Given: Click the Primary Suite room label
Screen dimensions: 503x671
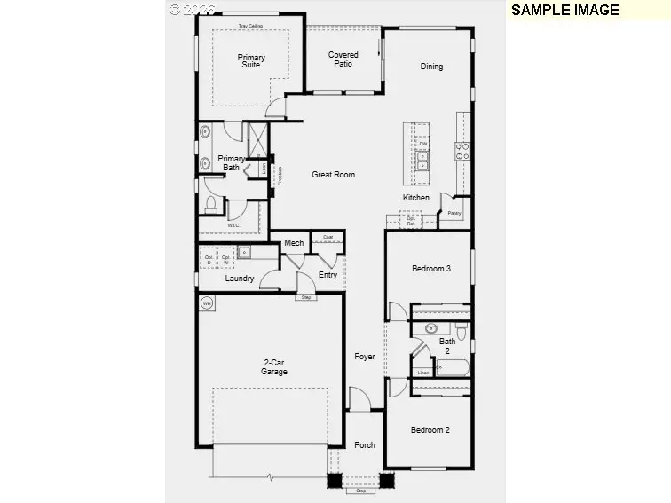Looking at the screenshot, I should pyautogui.click(x=251, y=61).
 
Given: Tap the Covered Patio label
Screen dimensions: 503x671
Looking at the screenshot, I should pyautogui.click(x=343, y=59).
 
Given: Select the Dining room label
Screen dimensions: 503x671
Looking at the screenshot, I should pyautogui.click(x=431, y=67).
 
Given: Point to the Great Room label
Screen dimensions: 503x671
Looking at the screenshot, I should pyautogui.click(x=333, y=175).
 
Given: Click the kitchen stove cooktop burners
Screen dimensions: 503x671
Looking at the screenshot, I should pyautogui.click(x=462, y=151).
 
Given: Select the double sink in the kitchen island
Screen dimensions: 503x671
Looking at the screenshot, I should pyautogui.click(x=423, y=160).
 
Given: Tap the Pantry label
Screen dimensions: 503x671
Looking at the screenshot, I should pyautogui.click(x=454, y=214).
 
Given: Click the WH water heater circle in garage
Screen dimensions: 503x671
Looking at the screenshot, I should pyautogui.click(x=208, y=303).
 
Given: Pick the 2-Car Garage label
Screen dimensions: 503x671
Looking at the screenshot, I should pyautogui.click(x=274, y=366).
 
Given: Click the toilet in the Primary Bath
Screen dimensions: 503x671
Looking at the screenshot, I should pyautogui.click(x=211, y=204).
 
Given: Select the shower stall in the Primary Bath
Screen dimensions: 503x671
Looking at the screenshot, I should pyautogui.click(x=257, y=138).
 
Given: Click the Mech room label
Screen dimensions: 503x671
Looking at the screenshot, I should pyautogui.click(x=294, y=243).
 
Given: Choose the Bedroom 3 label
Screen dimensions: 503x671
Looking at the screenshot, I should pyautogui.click(x=430, y=269).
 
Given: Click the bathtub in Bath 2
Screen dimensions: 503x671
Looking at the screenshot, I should pyautogui.click(x=454, y=366).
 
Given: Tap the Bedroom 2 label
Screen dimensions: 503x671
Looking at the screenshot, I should pyautogui.click(x=430, y=430).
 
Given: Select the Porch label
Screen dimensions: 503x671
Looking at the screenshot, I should pyautogui.click(x=365, y=445).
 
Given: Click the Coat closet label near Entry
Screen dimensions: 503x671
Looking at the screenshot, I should pyautogui.click(x=328, y=237).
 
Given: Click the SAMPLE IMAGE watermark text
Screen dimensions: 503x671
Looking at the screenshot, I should pyautogui.click(x=564, y=10).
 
